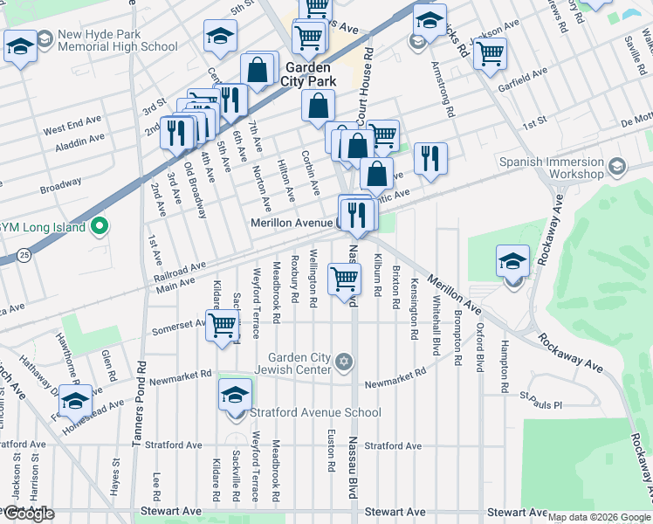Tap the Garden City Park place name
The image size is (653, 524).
click(307, 74)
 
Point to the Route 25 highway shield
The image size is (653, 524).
click(24, 255)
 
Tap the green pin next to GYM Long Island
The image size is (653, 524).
click(100, 228)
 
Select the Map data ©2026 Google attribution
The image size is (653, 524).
click(599, 517)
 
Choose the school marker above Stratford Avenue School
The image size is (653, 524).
click(233, 395)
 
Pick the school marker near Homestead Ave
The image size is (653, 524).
click(75, 400)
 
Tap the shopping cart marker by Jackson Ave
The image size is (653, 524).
click(491, 52)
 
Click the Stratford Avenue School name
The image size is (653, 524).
click(315, 412)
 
